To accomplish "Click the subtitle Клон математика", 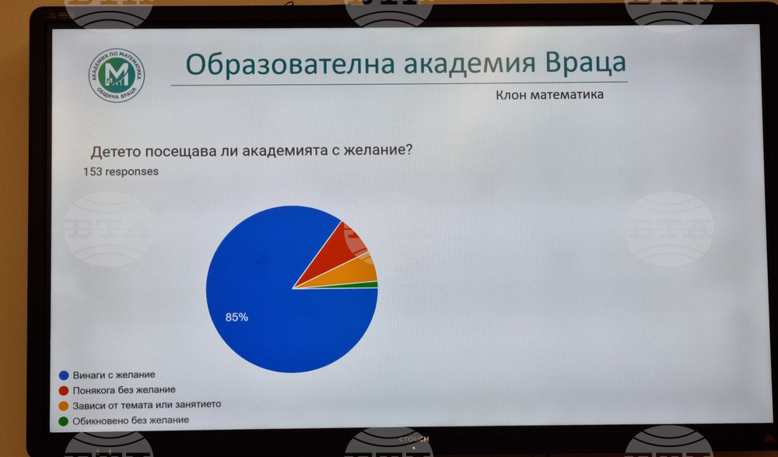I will (549, 95).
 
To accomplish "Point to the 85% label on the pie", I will (237, 317).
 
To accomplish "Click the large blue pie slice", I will (265, 304).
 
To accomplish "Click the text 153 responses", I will (121, 170).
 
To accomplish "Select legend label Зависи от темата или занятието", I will (148, 405).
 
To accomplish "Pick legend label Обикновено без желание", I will (131, 420).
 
